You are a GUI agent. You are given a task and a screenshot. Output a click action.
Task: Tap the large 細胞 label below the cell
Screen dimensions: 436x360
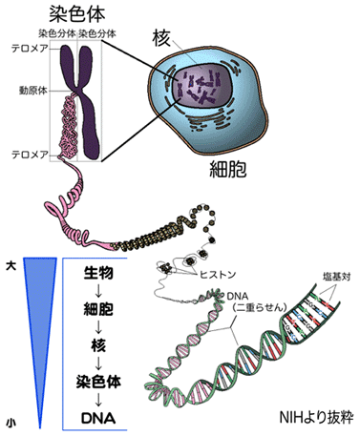click(233, 172)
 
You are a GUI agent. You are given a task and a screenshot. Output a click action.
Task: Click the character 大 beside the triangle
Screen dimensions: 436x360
click(11, 261)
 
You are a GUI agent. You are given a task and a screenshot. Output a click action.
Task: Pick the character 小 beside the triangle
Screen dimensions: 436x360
click(11, 418)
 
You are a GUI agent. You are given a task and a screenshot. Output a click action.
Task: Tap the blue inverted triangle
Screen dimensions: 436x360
click(37, 305)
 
